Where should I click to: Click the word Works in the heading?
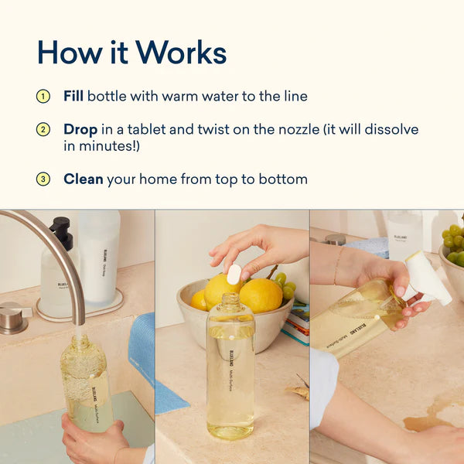click(x=179, y=52)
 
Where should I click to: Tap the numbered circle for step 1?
click(x=43, y=97)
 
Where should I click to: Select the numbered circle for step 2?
click(x=43, y=130)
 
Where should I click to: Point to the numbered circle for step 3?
click(x=43, y=179)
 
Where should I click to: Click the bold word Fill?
click(x=73, y=97)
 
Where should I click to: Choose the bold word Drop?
click(x=80, y=129)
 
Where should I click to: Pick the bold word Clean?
click(x=83, y=179)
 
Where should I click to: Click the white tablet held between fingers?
click(x=233, y=274)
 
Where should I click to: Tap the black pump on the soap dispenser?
click(x=61, y=230)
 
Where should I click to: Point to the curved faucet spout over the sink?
click(x=46, y=236)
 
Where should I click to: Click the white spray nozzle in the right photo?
click(x=428, y=277)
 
